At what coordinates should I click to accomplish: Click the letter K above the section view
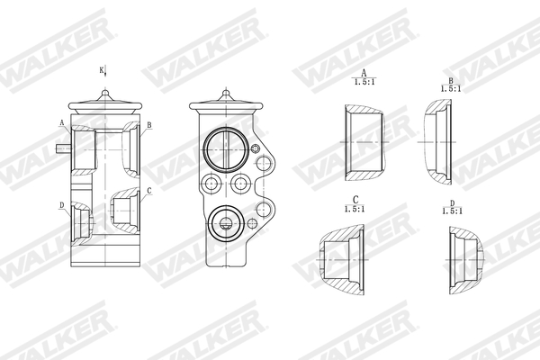click(101, 70)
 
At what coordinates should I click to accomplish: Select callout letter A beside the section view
click(62, 122)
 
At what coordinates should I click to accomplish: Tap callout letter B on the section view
click(148, 125)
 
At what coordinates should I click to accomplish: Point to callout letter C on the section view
click(148, 190)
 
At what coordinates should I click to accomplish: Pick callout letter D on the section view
click(62, 205)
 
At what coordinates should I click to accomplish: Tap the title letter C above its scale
click(355, 200)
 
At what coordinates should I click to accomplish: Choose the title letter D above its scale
click(452, 203)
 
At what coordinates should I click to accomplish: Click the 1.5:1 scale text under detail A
click(364, 82)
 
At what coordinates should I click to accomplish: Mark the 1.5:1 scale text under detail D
click(452, 212)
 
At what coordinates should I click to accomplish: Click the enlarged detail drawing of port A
click(362, 142)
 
